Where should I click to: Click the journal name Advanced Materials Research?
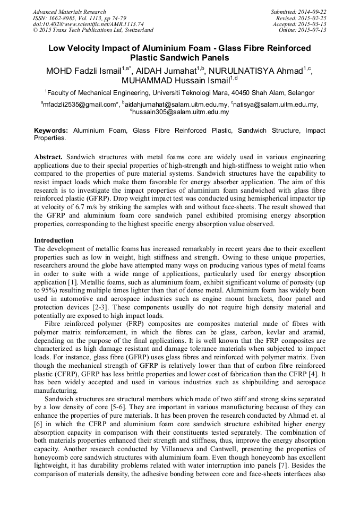click(69, 12)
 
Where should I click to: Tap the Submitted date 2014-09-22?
click(313, 12)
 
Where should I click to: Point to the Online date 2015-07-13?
click(313, 30)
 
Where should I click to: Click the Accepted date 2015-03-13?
click(313, 24)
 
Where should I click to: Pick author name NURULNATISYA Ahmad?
click(255, 71)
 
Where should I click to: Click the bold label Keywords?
click(51, 131)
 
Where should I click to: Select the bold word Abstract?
click(49, 158)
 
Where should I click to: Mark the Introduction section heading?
click(54, 240)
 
